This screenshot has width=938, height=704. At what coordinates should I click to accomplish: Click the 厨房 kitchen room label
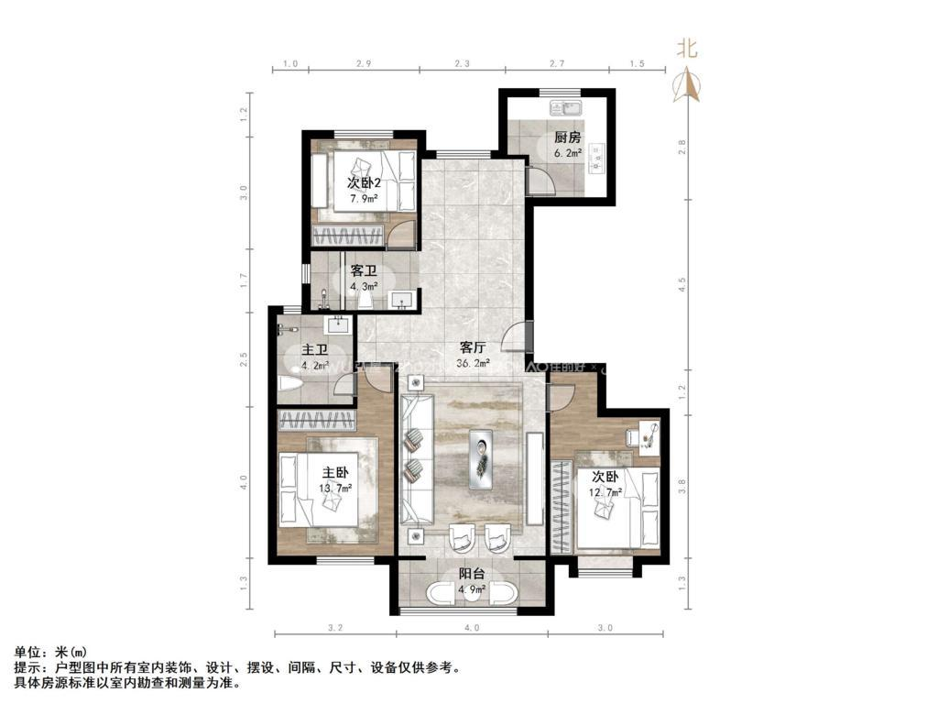pyautogui.click(x=567, y=138)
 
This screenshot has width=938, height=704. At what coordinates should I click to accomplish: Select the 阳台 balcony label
pyautogui.click(x=473, y=574)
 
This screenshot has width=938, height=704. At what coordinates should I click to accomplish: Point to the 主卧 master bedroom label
pyautogui.click(x=335, y=473)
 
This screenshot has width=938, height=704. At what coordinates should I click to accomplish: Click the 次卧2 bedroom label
pyautogui.click(x=364, y=182)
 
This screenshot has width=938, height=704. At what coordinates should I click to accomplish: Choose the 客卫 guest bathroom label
pyautogui.click(x=364, y=271)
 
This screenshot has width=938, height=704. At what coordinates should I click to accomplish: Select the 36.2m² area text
pyautogui.click(x=473, y=363)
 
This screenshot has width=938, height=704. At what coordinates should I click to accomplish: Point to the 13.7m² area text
pyautogui.click(x=335, y=488)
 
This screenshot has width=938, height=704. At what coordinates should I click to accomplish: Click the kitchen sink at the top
pyautogui.click(x=561, y=108)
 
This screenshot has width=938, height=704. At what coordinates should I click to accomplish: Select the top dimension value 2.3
pyautogui.click(x=462, y=64)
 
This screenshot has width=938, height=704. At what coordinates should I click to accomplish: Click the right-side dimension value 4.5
pyautogui.click(x=681, y=285)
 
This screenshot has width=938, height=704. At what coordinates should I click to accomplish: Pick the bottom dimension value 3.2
pyautogui.click(x=334, y=628)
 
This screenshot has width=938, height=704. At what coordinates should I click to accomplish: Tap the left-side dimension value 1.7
pyautogui.click(x=245, y=279)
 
